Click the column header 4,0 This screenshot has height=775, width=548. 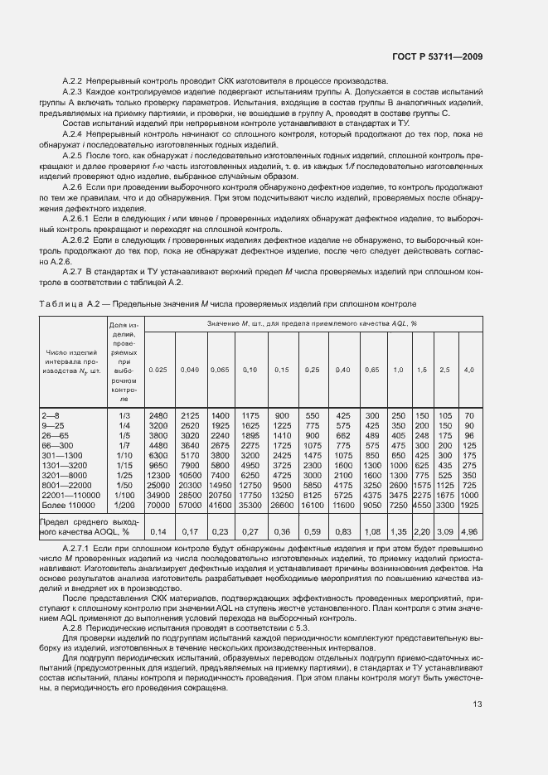click(x=469, y=369)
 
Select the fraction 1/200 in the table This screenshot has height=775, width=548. click(x=124, y=504)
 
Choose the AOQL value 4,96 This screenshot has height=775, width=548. click(x=469, y=531)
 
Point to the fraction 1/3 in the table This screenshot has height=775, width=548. click(x=124, y=414)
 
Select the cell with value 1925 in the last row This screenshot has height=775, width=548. click(x=469, y=504)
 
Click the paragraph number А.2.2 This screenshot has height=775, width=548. click(x=75, y=80)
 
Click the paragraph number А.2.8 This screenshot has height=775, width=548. click(x=75, y=628)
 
